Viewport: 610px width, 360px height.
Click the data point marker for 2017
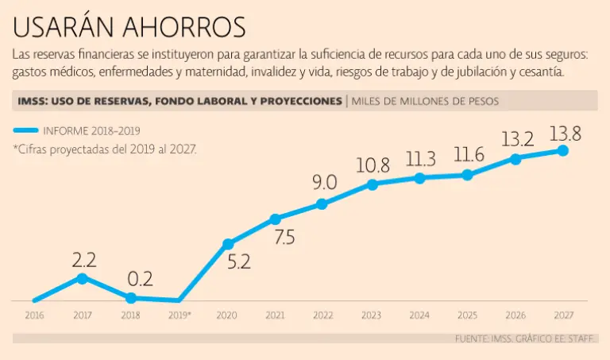pos(82,278)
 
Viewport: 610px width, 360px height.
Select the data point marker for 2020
pos(228,244)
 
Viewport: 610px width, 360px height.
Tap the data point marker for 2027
pos(564,150)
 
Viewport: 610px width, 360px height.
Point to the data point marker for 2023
pos(372,185)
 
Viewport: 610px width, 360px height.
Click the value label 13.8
pos(565,134)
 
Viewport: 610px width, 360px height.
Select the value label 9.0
pos(324,182)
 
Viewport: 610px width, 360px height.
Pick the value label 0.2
pos(140,279)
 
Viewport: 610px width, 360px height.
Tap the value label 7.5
pos(284,238)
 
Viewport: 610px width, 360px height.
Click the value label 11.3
pos(419,159)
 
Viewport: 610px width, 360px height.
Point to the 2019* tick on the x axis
pos(180,315)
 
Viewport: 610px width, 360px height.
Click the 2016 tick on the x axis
pos(34,315)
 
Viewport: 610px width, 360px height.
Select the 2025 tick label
pos(467,315)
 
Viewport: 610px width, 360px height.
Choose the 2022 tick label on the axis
pos(322,315)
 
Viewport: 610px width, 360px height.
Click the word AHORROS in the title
pos(184,27)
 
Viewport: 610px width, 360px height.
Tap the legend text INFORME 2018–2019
pos(100,130)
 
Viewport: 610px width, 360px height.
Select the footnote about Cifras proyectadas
pos(104,149)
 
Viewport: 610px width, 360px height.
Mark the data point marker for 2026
pos(515,158)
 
